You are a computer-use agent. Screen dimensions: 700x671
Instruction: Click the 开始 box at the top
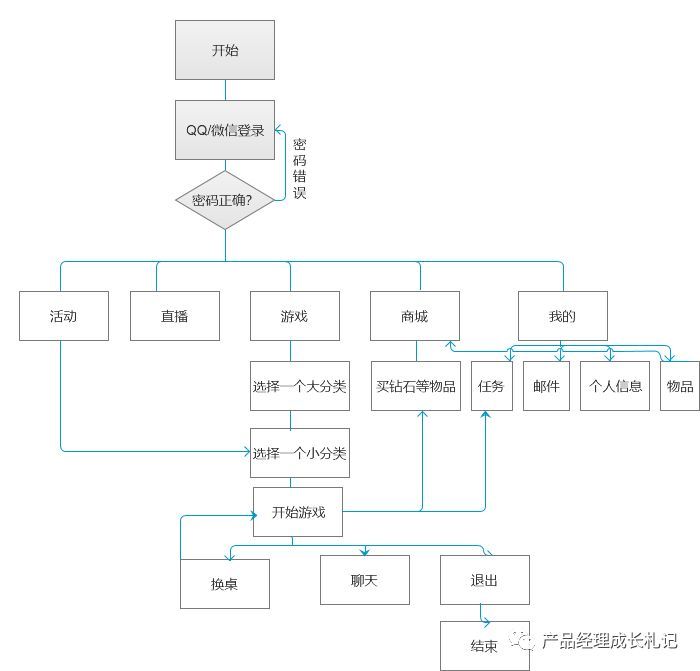coord(225,50)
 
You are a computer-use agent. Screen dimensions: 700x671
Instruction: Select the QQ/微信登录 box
coord(225,130)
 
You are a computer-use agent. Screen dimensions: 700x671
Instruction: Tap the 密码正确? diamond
coord(225,200)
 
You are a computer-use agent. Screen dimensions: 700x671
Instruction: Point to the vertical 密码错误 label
coord(300,169)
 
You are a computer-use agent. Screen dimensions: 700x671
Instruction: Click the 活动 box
coord(64,316)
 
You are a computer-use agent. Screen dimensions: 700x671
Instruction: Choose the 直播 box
coord(175,316)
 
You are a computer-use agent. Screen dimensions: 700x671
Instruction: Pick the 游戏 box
coord(295,316)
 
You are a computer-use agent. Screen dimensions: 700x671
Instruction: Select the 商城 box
coord(415,316)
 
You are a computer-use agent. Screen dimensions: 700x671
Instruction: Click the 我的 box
coord(562,316)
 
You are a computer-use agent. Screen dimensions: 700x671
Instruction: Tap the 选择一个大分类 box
coord(300,386)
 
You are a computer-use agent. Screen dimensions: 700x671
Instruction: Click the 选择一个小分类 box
coord(300,453)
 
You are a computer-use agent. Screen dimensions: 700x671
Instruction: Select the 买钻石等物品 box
coord(416,386)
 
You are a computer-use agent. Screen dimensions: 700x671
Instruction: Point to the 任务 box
coord(492,386)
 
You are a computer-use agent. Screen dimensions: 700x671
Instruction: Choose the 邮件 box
coord(546,386)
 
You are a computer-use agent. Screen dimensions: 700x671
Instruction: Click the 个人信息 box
coord(615,386)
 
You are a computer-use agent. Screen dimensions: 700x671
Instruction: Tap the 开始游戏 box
coord(298,512)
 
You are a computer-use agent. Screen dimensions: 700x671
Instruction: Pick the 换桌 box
coord(225,583)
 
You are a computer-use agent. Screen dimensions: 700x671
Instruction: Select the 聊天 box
coord(365,580)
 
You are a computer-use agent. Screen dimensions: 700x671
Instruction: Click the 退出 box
coord(485,580)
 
